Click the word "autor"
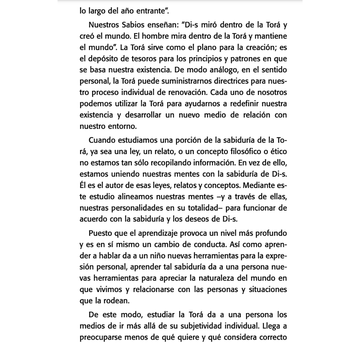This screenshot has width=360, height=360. pos(113,186)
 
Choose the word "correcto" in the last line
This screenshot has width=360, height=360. pos(270,337)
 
